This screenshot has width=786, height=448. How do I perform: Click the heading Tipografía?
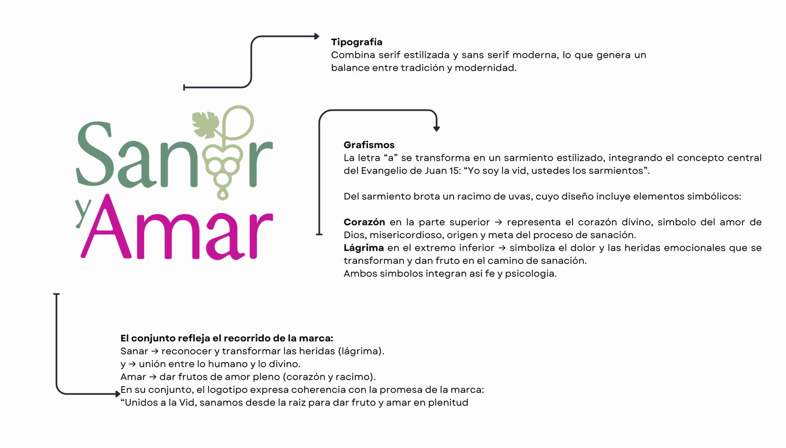click(x=356, y=42)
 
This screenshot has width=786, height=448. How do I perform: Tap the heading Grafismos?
click(x=369, y=145)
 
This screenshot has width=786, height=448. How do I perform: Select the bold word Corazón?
click(x=364, y=222)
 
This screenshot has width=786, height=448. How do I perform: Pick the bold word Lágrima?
click(x=364, y=248)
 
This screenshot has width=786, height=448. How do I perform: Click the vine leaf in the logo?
click(x=206, y=124)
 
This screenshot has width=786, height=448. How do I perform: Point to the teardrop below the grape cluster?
click(x=223, y=193)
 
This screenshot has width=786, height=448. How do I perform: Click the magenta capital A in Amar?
click(x=106, y=227)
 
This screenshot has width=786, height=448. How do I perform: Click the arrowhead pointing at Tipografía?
click(x=317, y=36)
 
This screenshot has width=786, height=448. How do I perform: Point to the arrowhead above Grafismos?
click(x=437, y=129)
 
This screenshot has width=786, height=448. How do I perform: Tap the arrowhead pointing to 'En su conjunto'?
click(x=118, y=394)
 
